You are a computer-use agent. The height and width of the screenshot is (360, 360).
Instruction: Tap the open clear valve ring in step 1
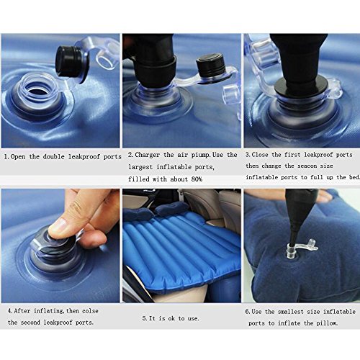41,89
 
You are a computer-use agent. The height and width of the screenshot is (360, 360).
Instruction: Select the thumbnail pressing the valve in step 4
57,226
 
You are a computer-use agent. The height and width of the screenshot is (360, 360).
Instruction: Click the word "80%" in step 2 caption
197,179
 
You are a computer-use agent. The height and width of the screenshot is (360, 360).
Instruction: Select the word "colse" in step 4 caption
90,311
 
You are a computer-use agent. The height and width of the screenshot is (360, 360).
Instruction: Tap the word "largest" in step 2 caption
140,167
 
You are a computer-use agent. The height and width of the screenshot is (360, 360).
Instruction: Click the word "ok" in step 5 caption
171,318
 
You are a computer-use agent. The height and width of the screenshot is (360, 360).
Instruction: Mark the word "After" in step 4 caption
22,311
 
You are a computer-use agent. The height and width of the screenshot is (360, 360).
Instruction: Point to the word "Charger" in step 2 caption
147,155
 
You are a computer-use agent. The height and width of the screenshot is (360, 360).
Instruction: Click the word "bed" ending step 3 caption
354,177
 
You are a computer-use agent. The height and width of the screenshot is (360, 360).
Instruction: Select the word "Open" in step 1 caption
18,157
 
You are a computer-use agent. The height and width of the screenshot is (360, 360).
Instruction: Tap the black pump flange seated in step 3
301,88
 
